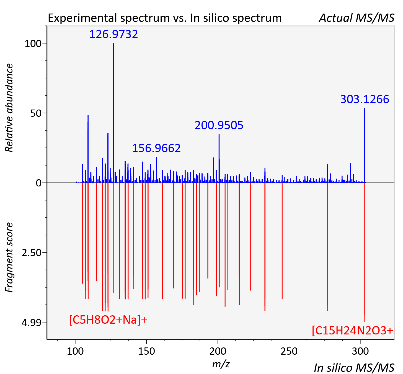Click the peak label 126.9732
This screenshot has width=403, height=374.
(113, 34)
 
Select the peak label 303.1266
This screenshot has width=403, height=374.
(365, 99)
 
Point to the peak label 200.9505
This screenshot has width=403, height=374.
(219, 125)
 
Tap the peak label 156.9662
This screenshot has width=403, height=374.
(156, 148)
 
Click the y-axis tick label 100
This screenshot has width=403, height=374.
(33, 44)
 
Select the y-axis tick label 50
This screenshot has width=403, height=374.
(36, 113)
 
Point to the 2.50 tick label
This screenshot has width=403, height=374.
(32, 253)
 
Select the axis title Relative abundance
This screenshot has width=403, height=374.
(9, 108)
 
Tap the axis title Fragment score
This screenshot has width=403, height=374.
(9, 257)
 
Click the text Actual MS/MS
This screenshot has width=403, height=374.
(356, 18)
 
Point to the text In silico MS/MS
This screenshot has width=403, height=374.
(354, 368)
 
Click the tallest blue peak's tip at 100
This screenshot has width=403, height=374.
(114, 43)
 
